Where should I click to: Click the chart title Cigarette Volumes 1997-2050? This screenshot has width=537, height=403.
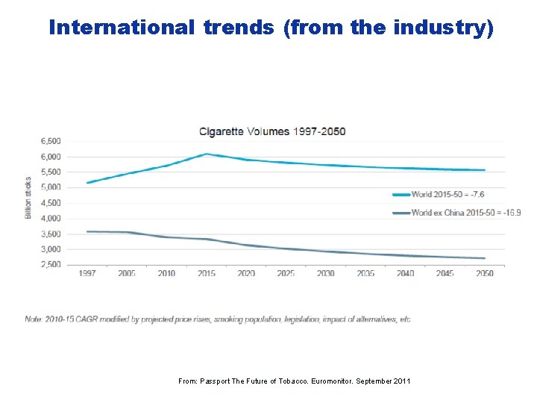[x=272, y=131]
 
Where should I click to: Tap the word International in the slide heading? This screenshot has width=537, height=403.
[x=119, y=28]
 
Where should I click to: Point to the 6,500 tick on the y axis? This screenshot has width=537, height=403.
[x=51, y=141]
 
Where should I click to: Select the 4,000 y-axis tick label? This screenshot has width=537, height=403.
[x=51, y=218]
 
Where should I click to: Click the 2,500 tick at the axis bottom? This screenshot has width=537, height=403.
[x=51, y=264]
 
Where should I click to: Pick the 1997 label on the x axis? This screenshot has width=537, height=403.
[x=87, y=273]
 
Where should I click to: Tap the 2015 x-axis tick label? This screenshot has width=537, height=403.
[x=207, y=273]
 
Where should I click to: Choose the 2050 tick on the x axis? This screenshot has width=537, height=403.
[x=485, y=273]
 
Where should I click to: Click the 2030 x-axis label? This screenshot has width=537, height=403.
[x=326, y=273]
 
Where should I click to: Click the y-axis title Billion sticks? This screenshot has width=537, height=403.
[x=28, y=198]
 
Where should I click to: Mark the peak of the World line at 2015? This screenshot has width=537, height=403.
[x=207, y=154]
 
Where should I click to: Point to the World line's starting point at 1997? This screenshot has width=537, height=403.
[x=87, y=183]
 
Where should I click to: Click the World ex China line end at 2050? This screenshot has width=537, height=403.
[x=485, y=258]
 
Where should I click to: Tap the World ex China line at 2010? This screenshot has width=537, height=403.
[x=167, y=237]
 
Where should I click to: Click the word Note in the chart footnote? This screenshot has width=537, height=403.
[x=34, y=319]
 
